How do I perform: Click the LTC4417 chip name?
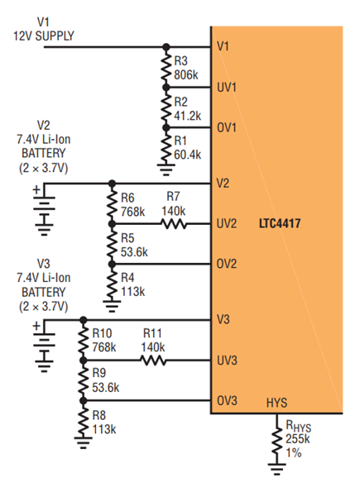coord(280,223)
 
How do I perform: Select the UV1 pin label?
coord(227,88)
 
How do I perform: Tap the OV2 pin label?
coord(227,264)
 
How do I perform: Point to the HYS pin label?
coord(276,403)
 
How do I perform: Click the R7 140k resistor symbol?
coord(174,223)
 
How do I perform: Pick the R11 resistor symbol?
coord(154,360)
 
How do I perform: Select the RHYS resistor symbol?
coord(276,440)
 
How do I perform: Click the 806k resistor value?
coord(186,75)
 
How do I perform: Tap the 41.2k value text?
coord(188,116)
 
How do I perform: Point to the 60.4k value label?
coord(188,155)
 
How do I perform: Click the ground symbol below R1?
coord(166,169)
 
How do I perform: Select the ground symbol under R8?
coord(84,442)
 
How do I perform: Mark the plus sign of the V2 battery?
coord(36,189)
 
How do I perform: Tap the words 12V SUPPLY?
coord(44,36)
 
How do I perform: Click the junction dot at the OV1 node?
coord(166,127)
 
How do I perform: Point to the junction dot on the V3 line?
coord(84,320)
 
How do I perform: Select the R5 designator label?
coord(127,238)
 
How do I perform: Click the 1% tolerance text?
coord(294,453)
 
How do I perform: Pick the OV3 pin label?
coord(227,401)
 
